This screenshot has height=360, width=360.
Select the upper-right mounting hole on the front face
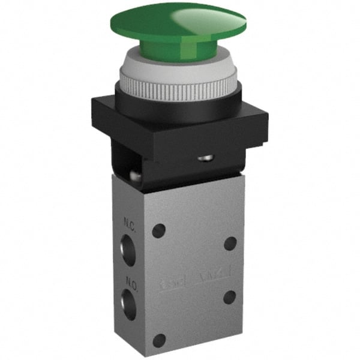pos(230,242)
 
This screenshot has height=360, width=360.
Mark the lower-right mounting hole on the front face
pos(229,296)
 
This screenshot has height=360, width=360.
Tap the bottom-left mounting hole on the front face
pos(158,340)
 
